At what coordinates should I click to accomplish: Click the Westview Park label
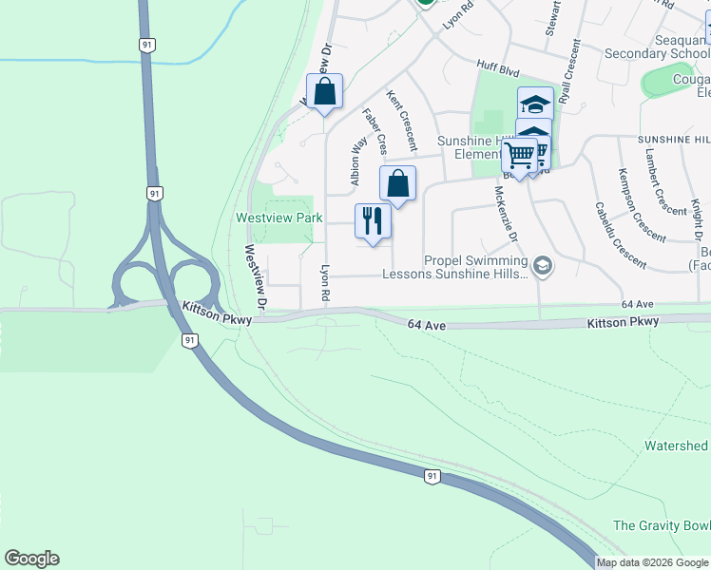pos(279,218)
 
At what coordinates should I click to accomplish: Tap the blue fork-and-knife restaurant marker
pos(372,221)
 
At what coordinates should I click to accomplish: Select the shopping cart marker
pos(519,154)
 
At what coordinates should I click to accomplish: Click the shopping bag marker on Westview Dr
pos(325,92)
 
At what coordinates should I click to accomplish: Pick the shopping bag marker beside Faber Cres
pos(397,183)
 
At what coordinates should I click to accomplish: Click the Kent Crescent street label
pos(401,121)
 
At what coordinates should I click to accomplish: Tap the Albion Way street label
pos(358,161)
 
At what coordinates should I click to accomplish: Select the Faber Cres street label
pos(375,131)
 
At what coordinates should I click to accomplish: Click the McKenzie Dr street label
pos(506,213)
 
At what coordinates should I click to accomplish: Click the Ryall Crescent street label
pos(569,71)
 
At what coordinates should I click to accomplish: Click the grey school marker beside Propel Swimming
pos(542,264)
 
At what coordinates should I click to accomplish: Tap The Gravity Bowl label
pos(662,525)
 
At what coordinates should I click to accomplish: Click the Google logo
pos(31,559)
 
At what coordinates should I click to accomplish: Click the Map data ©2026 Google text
pos(653,562)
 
